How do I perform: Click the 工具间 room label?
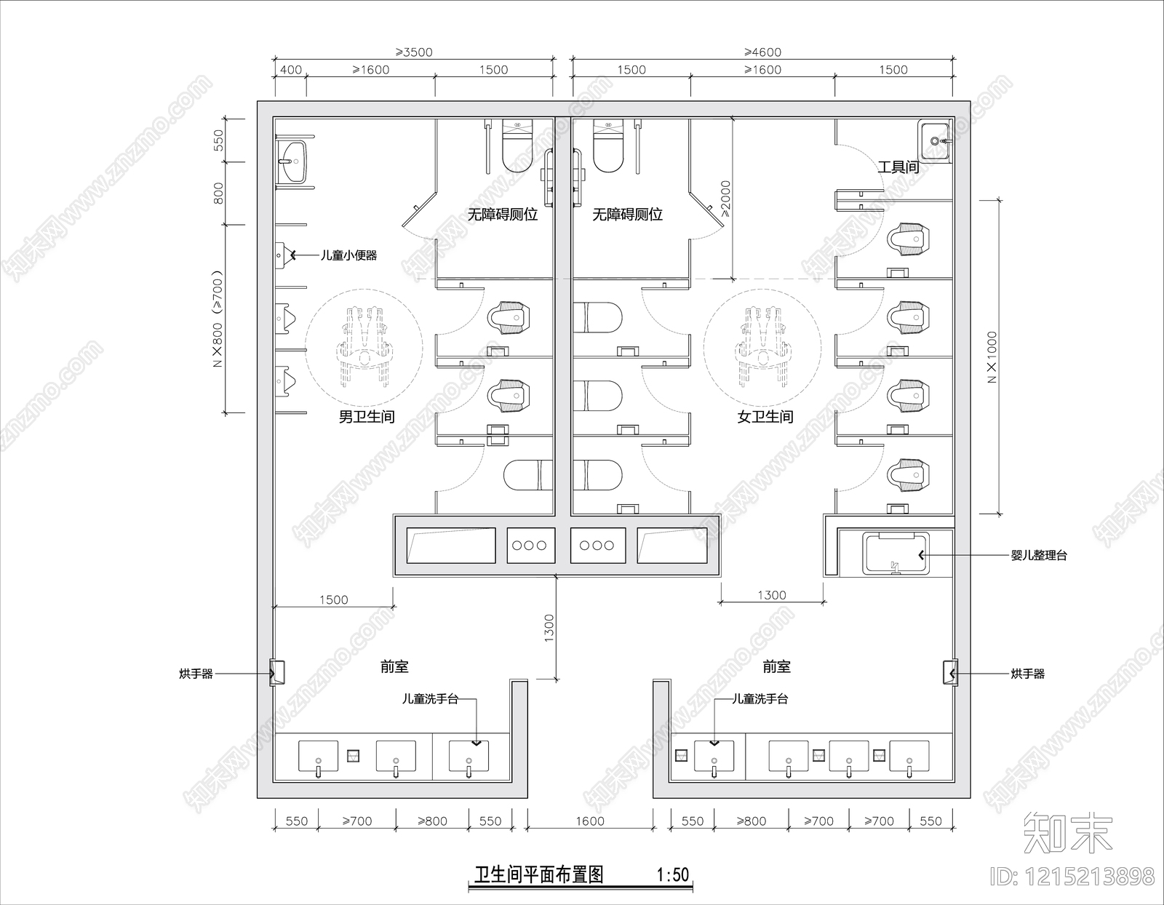[x=898, y=167]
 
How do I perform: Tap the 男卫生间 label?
[x=367, y=417]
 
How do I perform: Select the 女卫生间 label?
[x=765, y=417]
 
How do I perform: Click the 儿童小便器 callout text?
[x=349, y=255]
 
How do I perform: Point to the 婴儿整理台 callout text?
[x=1039, y=555]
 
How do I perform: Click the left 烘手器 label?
[x=196, y=674]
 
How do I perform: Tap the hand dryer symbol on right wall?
[x=951, y=673]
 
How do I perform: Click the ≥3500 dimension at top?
[x=414, y=52]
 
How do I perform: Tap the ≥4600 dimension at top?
[x=762, y=52]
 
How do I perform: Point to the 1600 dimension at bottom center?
[x=590, y=821]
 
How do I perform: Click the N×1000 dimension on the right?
[x=993, y=357]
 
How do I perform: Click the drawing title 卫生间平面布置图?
[x=538, y=874]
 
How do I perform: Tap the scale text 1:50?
[x=673, y=874]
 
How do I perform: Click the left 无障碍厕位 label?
[x=502, y=215]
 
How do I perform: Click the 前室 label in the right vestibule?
[x=776, y=666]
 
